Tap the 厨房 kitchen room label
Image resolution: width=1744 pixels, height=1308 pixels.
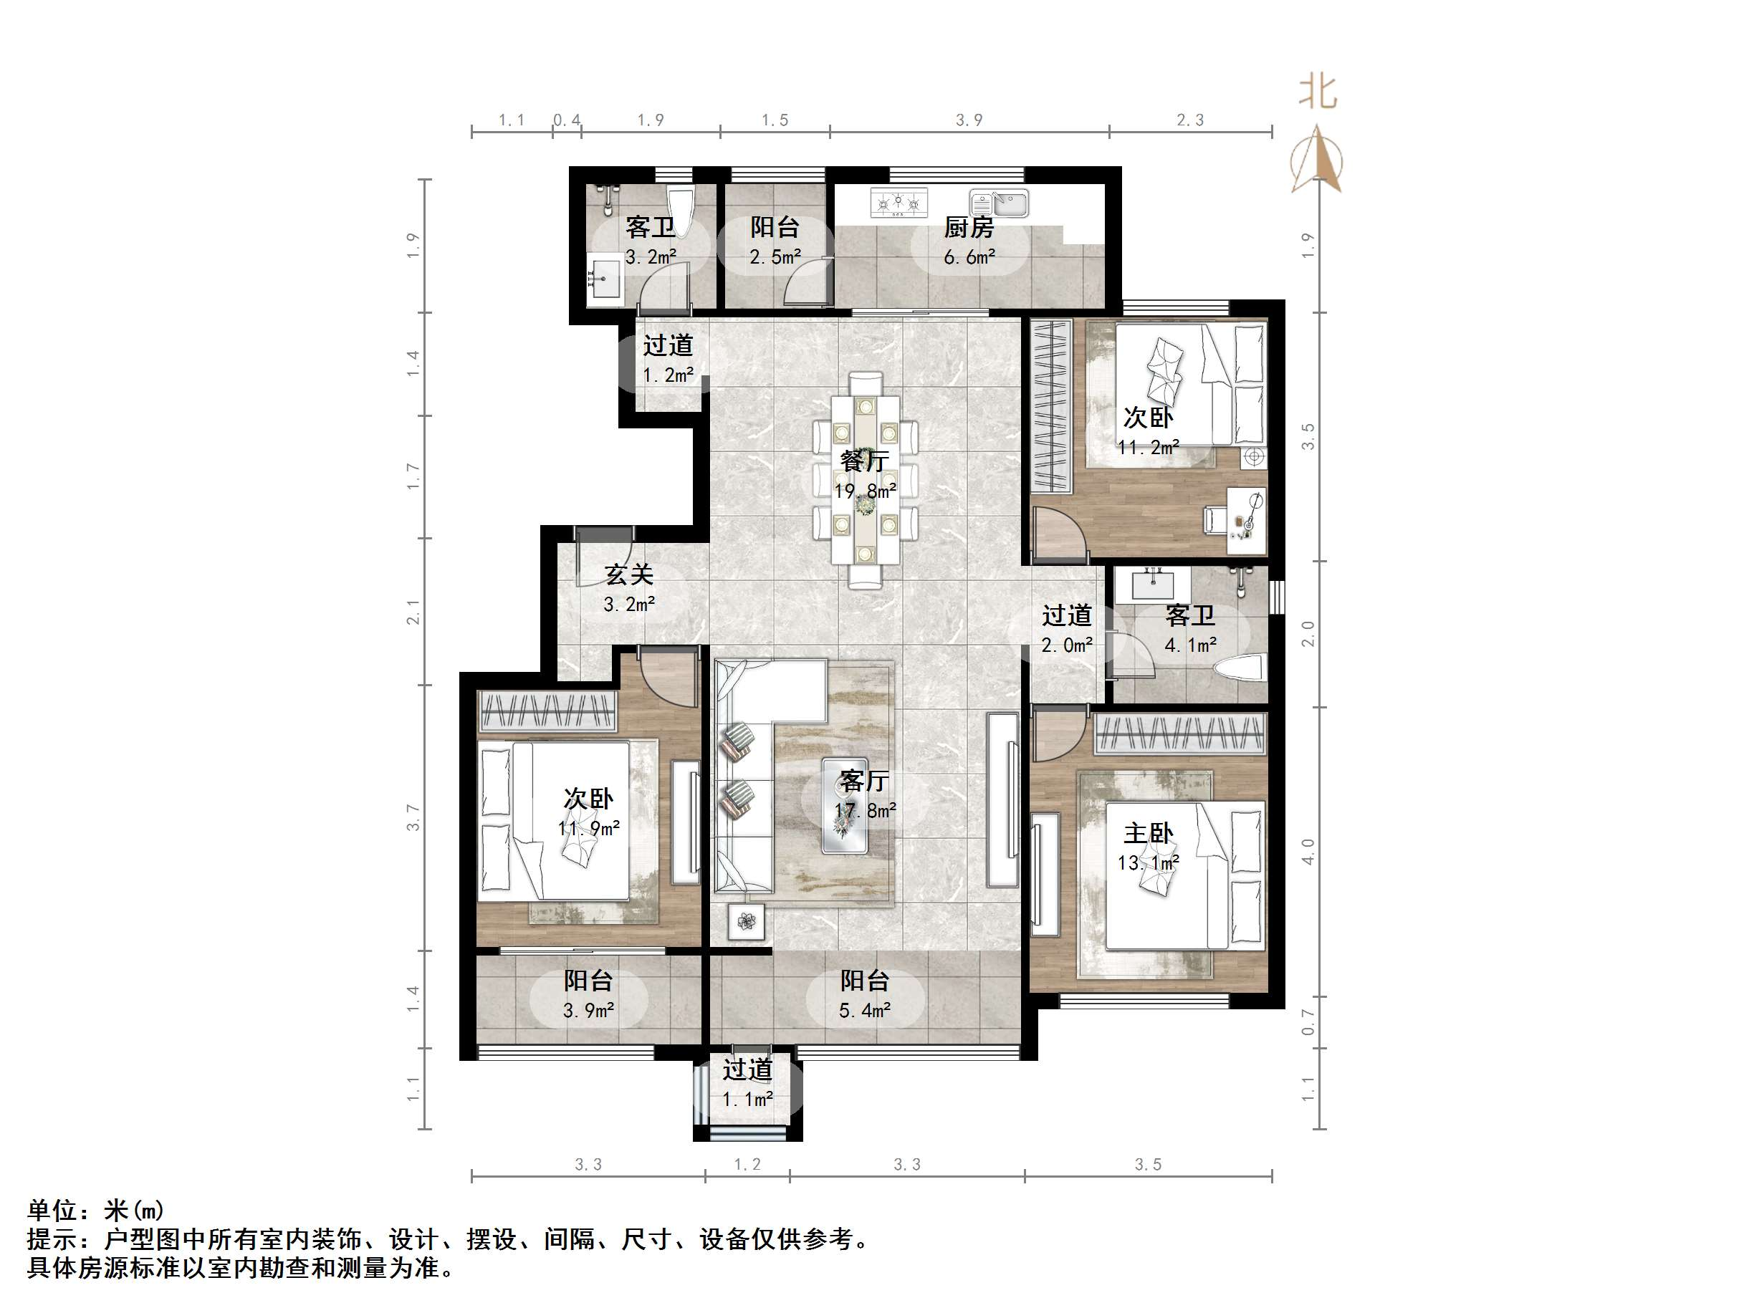pos(969,228)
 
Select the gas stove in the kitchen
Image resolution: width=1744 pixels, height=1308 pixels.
pos(898,203)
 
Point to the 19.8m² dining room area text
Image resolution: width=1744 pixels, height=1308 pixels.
pos(865,491)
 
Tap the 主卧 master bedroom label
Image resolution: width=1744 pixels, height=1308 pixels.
pos(1148,833)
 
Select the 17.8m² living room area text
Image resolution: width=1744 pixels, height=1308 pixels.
pos(865,810)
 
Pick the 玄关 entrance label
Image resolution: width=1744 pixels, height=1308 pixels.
pos(629,574)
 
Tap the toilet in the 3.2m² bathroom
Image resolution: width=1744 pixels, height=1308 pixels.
pos(678,209)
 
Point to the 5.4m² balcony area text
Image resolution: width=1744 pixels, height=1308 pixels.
pos(865,1011)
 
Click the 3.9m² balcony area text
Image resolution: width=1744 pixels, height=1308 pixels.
pos(588,1011)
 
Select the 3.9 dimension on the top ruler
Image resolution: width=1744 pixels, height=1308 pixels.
pos(969,120)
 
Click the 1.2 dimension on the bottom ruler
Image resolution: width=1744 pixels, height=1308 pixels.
pos(747,1165)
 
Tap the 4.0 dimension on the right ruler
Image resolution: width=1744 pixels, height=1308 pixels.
pos(1308,852)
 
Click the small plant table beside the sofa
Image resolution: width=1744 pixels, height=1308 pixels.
pos(746,920)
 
